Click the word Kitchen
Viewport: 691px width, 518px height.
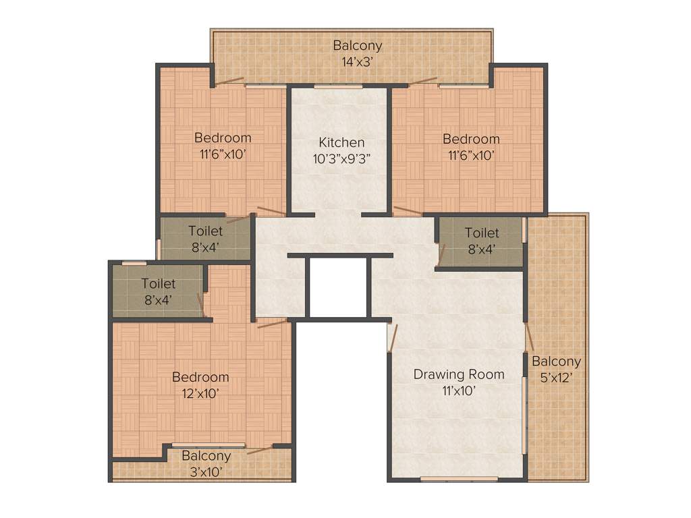click(x=341, y=142)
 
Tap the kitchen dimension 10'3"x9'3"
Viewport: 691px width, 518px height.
click(x=341, y=160)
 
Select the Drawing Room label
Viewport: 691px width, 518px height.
click(x=459, y=374)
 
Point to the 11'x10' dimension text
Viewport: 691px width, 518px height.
click(x=459, y=391)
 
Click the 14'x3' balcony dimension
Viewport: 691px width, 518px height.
click(x=358, y=61)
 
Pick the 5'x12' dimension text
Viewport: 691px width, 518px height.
click(x=556, y=378)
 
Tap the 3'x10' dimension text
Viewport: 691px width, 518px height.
click(x=206, y=471)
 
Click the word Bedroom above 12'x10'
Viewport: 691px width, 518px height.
click(x=200, y=376)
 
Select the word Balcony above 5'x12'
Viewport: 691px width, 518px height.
click(x=556, y=362)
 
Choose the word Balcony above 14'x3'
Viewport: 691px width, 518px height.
click(x=358, y=45)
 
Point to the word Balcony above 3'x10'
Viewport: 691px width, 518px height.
click(x=206, y=456)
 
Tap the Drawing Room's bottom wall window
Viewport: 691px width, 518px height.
click(x=459, y=479)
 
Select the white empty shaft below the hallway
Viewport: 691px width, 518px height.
click(x=337, y=287)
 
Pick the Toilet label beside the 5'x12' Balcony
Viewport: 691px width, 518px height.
click(x=482, y=233)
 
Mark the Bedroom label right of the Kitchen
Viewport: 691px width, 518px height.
click(x=471, y=139)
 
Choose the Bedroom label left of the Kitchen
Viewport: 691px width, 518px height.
click(x=223, y=138)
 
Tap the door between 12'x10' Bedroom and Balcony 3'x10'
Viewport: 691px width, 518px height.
click(x=260, y=449)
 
